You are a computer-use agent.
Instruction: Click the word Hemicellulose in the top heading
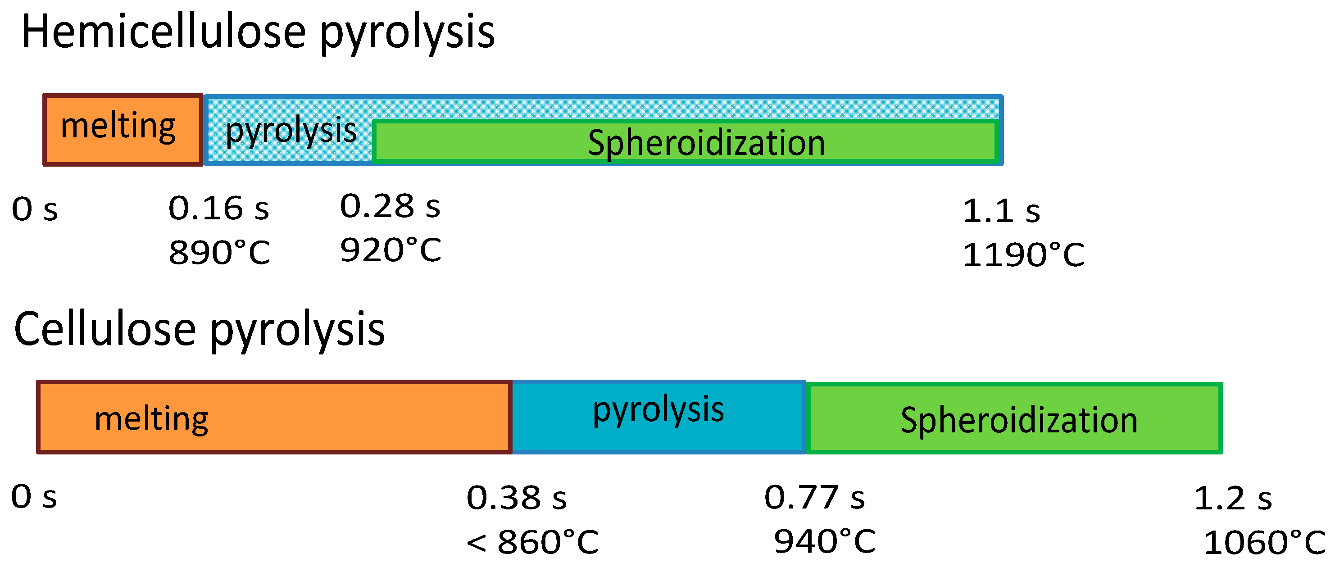click(x=163, y=32)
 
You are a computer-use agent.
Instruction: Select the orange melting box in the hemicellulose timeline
click(x=123, y=130)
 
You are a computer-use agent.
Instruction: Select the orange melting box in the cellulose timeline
click(x=274, y=418)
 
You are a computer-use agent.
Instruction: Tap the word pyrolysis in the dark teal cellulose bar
click(x=658, y=410)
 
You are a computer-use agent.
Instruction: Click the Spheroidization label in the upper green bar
click(x=706, y=143)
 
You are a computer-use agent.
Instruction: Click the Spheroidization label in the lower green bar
click(x=1019, y=420)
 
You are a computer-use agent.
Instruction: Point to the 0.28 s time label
click(x=390, y=207)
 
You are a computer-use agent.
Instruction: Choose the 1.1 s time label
click(x=1001, y=211)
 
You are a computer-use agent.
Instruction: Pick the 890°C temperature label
click(x=219, y=253)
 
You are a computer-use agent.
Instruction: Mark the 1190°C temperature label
click(x=1023, y=255)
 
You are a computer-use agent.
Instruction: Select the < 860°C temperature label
click(x=532, y=542)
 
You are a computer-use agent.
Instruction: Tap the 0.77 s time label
click(x=814, y=498)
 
